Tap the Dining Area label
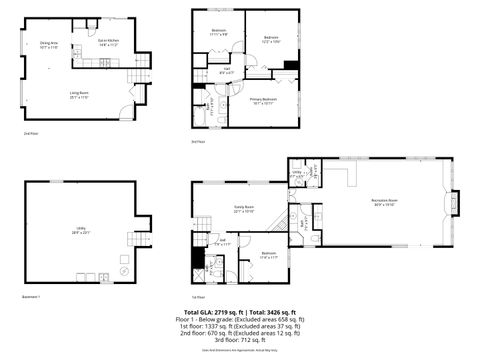coord(49,45)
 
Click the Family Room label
coord(244,210)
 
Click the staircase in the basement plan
coord(132,240)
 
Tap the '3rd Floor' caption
coord(198,142)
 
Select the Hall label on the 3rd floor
coord(227,71)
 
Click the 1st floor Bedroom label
coord(269,254)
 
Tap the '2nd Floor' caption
coord(29,132)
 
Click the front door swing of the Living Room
coord(126,112)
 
